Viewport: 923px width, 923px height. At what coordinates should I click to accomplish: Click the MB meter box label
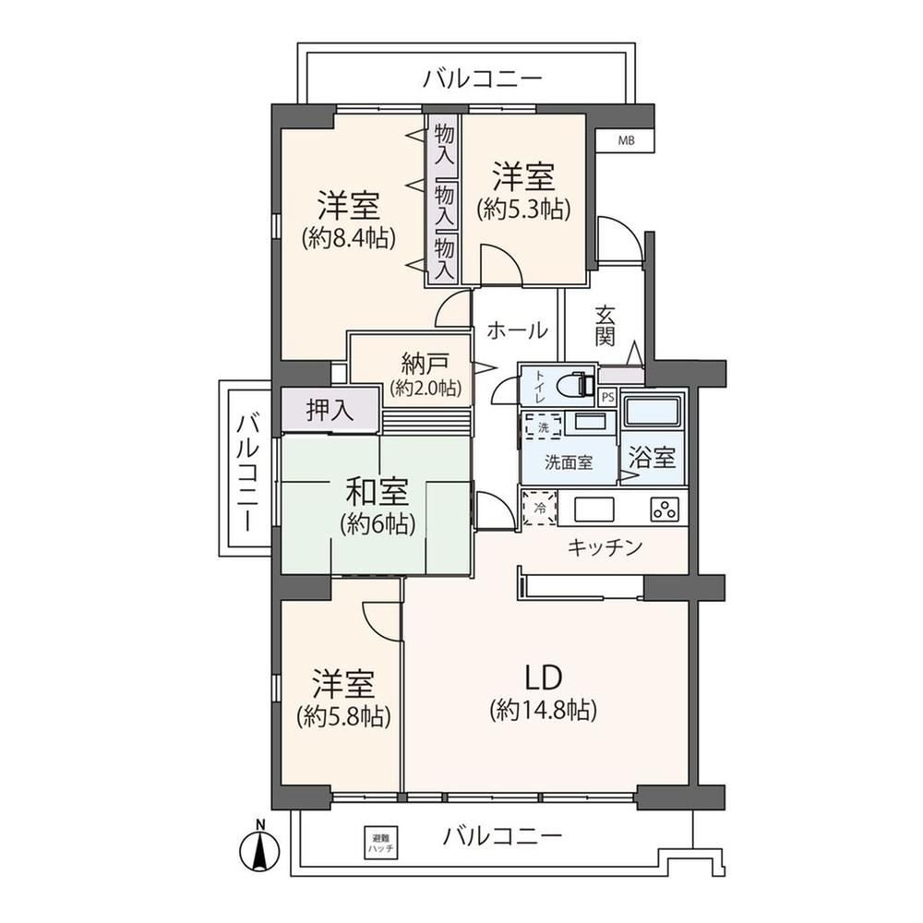point(626,141)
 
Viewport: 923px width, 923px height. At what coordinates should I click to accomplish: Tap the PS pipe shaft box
point(608,397)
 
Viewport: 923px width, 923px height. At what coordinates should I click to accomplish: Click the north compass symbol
point(259,848)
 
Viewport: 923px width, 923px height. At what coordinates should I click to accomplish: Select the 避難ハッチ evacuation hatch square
point(381,843)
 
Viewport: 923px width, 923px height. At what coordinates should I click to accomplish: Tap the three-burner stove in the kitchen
point(665,509)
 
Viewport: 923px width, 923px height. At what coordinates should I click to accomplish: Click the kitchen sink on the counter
point(593,509)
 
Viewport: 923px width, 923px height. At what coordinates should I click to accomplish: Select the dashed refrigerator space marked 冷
point(539,508)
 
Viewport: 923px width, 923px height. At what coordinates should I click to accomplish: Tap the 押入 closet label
point(330,410)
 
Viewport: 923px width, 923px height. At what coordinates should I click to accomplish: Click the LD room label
point(544,677)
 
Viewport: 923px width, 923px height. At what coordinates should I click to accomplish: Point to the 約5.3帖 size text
point(524,209)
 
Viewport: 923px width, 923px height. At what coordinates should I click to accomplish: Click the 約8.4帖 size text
point(348,238)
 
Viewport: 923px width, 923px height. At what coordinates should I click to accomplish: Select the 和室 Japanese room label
point(377,492)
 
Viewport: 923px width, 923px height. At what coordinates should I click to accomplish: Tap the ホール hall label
point(517,330)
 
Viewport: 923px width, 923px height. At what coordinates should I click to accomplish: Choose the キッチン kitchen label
point(605,548)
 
